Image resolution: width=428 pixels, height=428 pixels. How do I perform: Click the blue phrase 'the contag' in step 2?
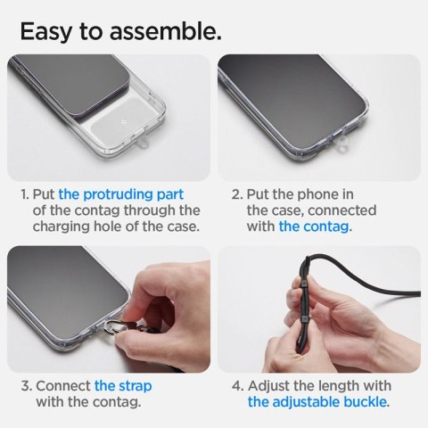[315, 226]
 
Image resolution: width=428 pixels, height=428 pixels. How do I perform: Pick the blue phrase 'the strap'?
[123, 386]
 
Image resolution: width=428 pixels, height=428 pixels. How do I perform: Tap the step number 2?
[236, 193]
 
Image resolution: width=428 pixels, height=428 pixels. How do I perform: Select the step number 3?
[25, 386]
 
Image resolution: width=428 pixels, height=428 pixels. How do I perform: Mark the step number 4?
[236, 386]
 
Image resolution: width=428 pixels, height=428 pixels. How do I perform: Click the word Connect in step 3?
[64, 386]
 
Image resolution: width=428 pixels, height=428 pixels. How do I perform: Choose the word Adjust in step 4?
[272, 386]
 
